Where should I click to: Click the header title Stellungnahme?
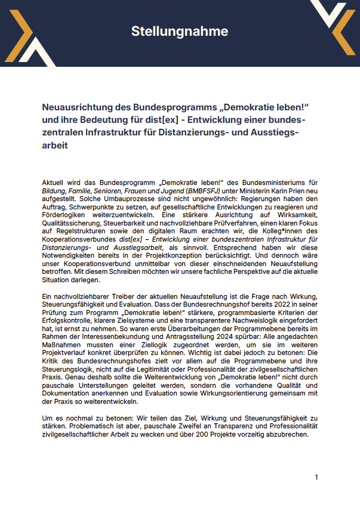(x=180, y=31)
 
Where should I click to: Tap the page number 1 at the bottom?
(x=316, y=477)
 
